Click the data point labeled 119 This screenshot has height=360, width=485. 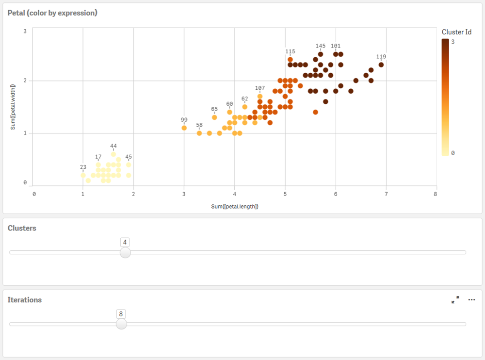coord(381,65)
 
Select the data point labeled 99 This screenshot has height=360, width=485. coord(184,128)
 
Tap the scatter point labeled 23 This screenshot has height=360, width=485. coord(83,175)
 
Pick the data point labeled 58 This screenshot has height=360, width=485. coord(199,133)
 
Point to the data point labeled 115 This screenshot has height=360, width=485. coord(290,59)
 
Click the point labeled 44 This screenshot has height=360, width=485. coord(113,154)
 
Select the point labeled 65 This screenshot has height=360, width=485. coord(214,117)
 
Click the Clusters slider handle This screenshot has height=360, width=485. coord(125,252)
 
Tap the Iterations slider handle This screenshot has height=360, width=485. coord(121,324)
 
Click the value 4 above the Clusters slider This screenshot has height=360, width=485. coord(125,242)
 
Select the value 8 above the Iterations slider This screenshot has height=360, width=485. coord(121,313)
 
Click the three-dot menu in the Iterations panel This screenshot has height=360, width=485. coord(471,300)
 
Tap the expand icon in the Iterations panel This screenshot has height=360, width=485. coord(455,300)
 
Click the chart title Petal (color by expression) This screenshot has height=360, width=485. coord(52,13)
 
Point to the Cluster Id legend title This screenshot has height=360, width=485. coord(456,32)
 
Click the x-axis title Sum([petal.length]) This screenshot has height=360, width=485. coord(235,206)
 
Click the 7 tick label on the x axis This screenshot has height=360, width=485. coord(386,194)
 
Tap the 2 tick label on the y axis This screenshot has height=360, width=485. coord(25,80)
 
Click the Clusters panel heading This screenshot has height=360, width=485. coord(22,228)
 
